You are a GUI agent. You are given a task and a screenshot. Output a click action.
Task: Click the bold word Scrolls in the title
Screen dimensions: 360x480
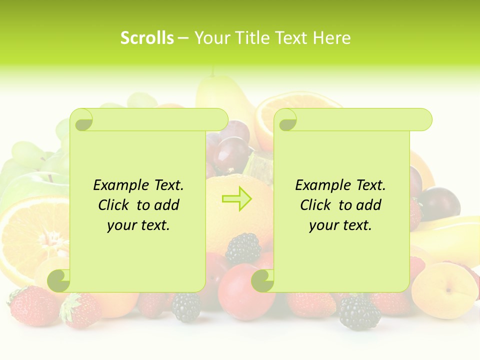click(x=147, y=38)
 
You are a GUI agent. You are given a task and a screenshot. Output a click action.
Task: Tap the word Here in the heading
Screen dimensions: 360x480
click(x=332, y=38)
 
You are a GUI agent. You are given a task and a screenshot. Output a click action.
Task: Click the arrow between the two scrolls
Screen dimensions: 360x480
click(x=237, y=198)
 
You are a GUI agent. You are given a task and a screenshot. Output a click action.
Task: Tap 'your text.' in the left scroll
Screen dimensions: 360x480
click(x=138, y=225)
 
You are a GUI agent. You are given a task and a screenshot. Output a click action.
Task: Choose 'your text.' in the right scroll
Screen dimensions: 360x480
click(x=340, y=225)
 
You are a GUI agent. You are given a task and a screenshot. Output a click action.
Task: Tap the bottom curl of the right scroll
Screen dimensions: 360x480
click(x=263, y=280)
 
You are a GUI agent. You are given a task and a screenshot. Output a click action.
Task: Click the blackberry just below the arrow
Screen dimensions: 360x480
click(x=243, y=249)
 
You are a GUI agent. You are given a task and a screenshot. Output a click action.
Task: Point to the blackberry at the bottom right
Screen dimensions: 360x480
click(x=360, y=312)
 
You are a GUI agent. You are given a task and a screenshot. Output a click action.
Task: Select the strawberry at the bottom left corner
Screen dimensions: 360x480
click(x=32, y=305)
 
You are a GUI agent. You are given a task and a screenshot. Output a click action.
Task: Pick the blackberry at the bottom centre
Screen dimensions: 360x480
click(x=186, y=306)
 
